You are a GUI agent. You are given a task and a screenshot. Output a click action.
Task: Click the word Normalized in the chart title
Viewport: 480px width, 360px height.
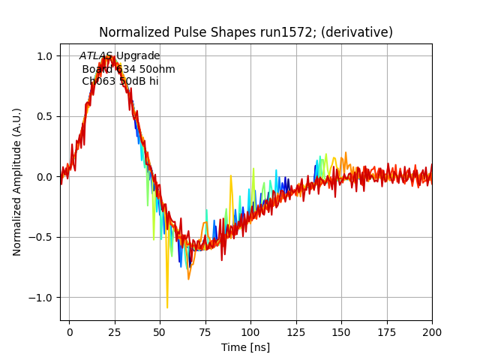click(x=130, y=32)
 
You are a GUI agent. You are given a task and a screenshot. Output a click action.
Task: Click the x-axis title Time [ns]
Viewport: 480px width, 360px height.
click(x=245, y=347)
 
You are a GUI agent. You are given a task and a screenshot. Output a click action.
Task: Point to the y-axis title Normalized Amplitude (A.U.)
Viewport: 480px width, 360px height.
click(x=17, y=181)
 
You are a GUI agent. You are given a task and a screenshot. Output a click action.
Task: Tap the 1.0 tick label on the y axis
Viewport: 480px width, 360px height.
click(x=44, y=56)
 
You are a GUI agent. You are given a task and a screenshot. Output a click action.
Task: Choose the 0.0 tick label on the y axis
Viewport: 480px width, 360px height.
click(x=44, y=177)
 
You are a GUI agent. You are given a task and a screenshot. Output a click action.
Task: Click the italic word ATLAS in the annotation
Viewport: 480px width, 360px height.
click(x=96, y=56)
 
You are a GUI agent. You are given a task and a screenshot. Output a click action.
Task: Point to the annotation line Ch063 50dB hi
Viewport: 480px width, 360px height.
click(x=120, y=82)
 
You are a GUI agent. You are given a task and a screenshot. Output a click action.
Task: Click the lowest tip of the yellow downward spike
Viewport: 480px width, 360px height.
click(x=167, y=307)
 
